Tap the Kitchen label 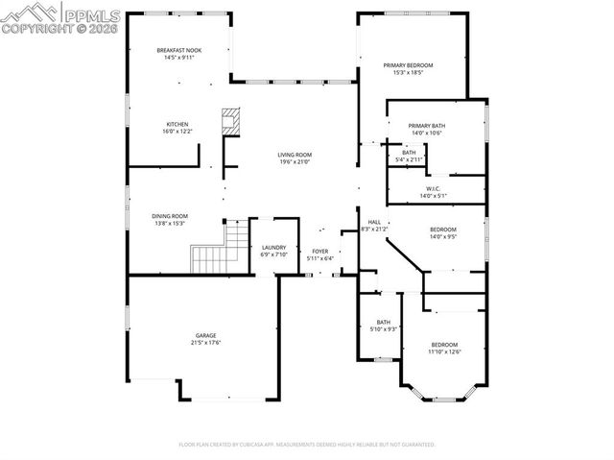click(x=177, y=124)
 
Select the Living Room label click(x=295, y=155)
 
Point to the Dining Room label click(x=169, y=216)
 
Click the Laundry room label click(x=273, y=247)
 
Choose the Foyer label click(x=319, y=251)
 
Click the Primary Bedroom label click(x=408, y=65)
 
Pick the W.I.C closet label click(x=433, y=188)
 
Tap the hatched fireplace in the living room click(x=229, y=121)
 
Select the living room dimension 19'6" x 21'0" click(x=295, y=161)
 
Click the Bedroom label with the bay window click(x=443, y=344)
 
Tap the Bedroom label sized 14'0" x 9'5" click(x=442, y=229)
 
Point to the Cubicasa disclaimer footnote click(x=307, y=445)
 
